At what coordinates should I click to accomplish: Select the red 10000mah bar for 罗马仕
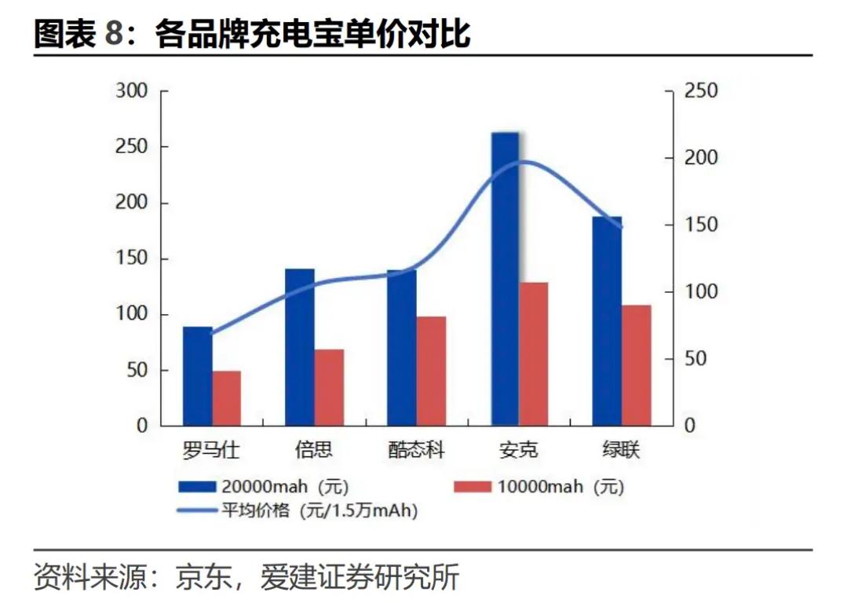227,398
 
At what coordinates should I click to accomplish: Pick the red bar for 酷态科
431,371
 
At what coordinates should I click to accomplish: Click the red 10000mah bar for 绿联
636,365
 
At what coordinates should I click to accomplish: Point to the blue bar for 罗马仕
197,376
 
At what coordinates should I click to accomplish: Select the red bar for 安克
534,353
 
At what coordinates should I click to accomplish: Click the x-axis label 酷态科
416,451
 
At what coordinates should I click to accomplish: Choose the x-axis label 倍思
313,451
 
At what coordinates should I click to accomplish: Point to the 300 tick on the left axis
131,91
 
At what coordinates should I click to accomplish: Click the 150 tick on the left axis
131,259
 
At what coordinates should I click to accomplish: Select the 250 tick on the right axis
700,91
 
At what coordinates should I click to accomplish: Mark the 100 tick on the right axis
700,292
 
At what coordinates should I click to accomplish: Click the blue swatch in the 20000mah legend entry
195,487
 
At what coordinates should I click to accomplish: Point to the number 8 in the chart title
115,35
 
